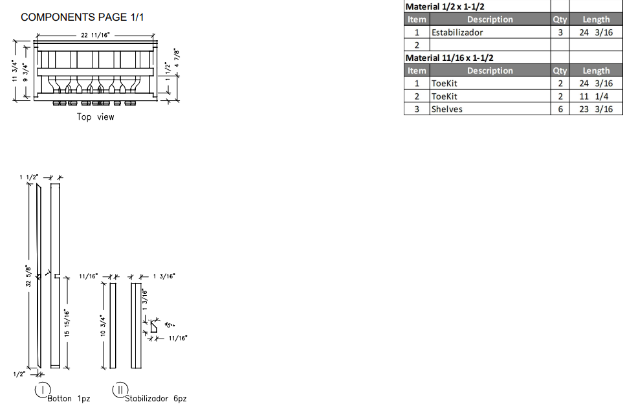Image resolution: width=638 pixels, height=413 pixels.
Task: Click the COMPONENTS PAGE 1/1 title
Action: tap(82, 17)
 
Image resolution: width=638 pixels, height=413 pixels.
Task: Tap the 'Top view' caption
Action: tap(95, 117)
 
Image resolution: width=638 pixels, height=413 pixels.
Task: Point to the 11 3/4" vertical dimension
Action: tap(15, 70)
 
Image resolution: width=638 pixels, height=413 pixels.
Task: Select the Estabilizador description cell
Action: tap(457, 32)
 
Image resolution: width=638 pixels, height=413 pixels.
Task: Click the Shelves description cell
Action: tap(447, 109)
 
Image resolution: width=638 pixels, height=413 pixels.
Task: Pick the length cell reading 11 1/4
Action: tap(595, 96)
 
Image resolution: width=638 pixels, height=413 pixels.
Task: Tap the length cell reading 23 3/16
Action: tap(595, 109)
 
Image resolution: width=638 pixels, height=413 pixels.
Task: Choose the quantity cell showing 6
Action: tap(560, 109)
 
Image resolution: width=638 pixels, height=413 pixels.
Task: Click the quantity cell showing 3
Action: tap(560, 32)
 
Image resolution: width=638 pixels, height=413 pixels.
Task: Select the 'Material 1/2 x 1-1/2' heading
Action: tap(445, 6)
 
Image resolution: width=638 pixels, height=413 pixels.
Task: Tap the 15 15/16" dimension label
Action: tap(68, 322)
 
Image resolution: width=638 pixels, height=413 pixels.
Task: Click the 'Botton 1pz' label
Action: tap(69, 398)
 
